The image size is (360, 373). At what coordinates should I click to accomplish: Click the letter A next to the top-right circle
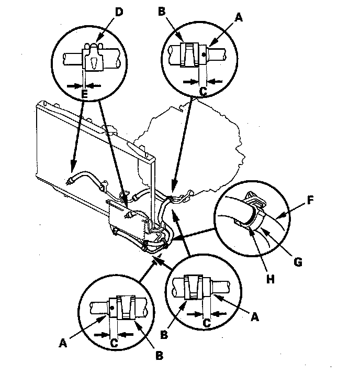(x=239, y=17)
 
